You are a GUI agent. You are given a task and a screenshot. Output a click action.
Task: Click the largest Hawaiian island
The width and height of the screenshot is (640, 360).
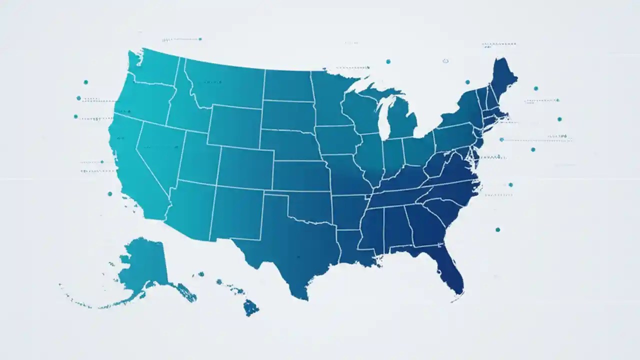pyautogui.click(x=250, y=307)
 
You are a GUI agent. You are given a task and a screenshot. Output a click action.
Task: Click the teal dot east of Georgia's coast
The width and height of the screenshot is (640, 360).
pyautogui.click(x=497, y=229)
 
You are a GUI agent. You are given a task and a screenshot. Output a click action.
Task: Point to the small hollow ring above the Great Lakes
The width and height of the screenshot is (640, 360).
pyautogui.click(x=445, y=61)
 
